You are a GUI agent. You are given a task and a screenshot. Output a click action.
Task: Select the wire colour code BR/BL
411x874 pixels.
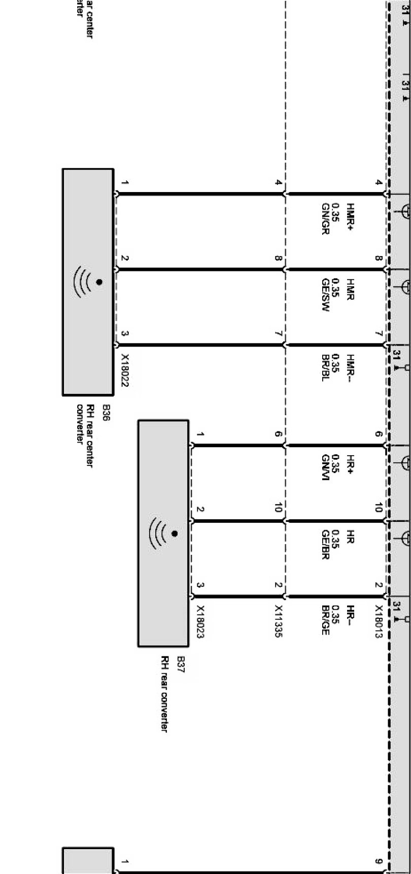tap(326, 367)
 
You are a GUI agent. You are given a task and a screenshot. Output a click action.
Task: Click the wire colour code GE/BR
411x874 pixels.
tap(326, 544)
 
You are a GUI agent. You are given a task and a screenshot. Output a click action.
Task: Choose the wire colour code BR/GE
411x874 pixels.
tap(326, 620)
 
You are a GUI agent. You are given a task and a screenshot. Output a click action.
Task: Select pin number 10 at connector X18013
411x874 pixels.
tap(379, 508)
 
